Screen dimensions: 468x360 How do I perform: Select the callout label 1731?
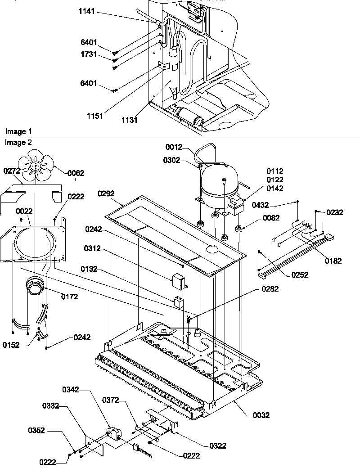point(90,54)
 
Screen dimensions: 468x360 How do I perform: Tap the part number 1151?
point(95,116)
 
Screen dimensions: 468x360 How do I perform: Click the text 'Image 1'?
point(18,131)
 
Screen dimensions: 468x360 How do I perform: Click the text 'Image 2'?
point(18,142)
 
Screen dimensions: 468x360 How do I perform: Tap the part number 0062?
point(76,173)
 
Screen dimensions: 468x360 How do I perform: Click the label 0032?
point(261,415)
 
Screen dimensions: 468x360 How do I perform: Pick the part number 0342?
point(71,390)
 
